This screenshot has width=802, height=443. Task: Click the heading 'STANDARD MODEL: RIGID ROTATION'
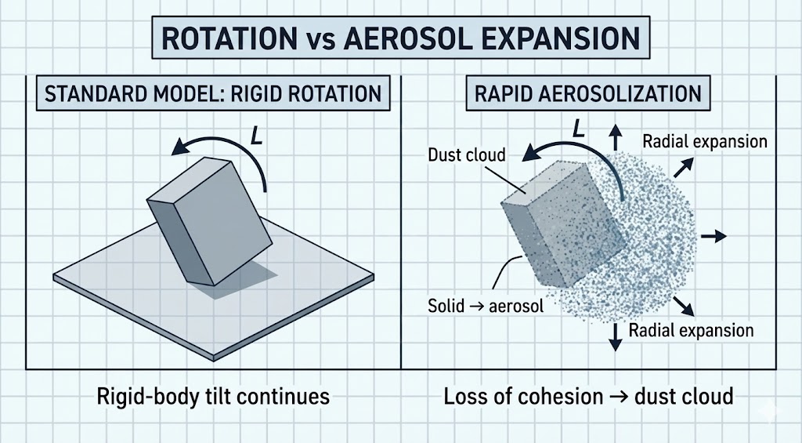tap(213, 95)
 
